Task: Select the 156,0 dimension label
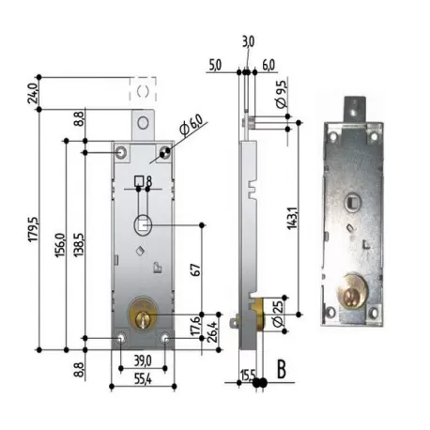click(60, 245)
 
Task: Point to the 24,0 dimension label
click(33, 93)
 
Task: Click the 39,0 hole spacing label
click(143, 361)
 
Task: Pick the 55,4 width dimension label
click(143, 379)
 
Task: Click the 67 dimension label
click(195, 269)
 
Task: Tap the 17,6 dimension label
click(196, 326)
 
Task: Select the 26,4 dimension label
click(214, 331)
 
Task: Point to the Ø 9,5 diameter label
click(282, 95)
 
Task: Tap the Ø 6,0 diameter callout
click(192, 125)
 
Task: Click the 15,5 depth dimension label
click(248, 375)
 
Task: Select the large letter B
click(282, 369)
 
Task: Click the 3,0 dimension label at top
click(248, 41)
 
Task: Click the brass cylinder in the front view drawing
click(143, 314)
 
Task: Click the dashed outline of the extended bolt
click(143, 89)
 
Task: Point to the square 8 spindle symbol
click(143, 181)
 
